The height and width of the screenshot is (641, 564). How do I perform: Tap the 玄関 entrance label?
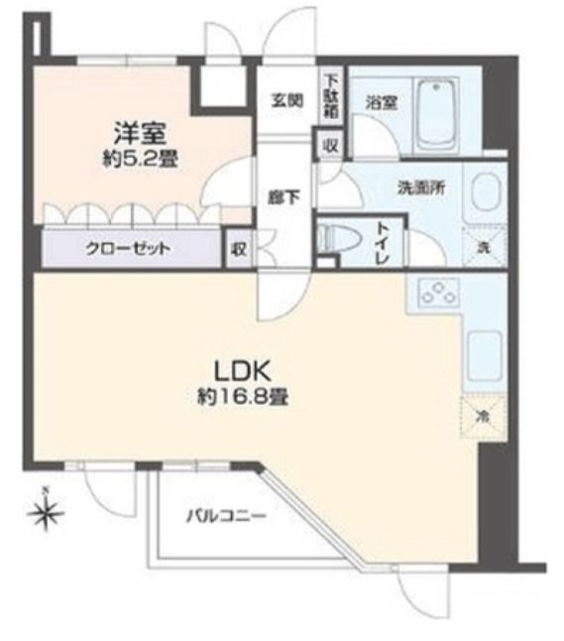click(x=287, y=100)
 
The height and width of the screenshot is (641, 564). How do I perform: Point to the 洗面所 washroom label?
click(x=414, y=186)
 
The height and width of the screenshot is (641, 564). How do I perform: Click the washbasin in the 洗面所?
click(x=486, y=192)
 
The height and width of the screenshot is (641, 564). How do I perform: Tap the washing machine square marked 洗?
click(x=486, y=241)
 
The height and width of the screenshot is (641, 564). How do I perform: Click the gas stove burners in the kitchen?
click(x=436, y=292)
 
